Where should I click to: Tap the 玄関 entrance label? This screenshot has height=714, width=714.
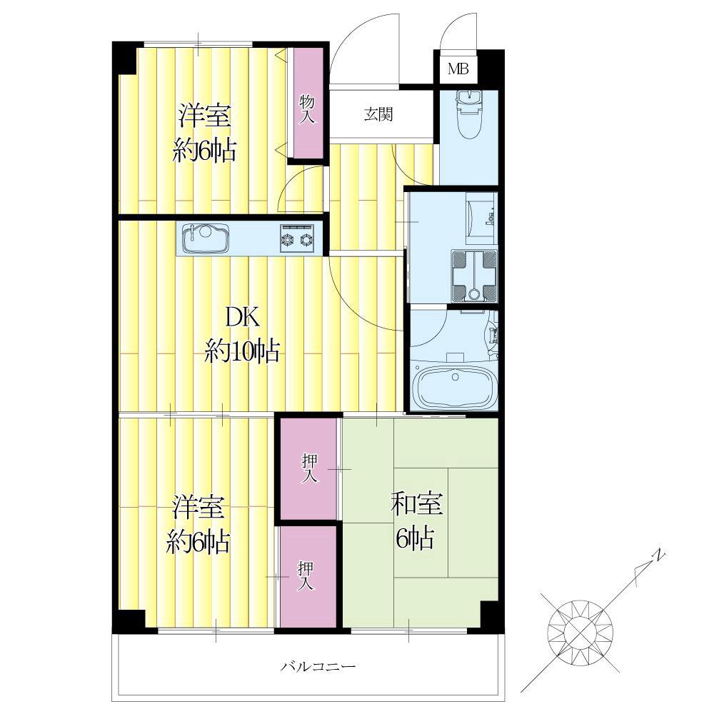click(378, 114)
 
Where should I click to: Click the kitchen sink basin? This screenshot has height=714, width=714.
click(205, 238)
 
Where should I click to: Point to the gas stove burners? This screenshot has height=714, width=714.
click(297, 238)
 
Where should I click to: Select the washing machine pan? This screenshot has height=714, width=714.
click(474, 276)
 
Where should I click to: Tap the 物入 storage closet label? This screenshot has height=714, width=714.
click(307, 109)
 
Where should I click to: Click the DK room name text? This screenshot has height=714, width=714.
click(243, 317)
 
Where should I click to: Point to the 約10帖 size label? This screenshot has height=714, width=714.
click(242, 351)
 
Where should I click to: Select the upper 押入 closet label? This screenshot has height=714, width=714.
click(310, 468)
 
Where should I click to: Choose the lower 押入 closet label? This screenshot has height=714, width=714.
click(306, 576)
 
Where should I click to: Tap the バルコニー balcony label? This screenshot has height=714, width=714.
click(318, 667)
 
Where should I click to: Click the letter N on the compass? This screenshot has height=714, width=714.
click(658, 555)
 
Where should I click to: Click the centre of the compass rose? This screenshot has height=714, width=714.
click(580, 633)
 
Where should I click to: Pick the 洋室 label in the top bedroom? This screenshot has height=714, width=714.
click(204, 116)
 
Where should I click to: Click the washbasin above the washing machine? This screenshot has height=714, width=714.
click(481, 214)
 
